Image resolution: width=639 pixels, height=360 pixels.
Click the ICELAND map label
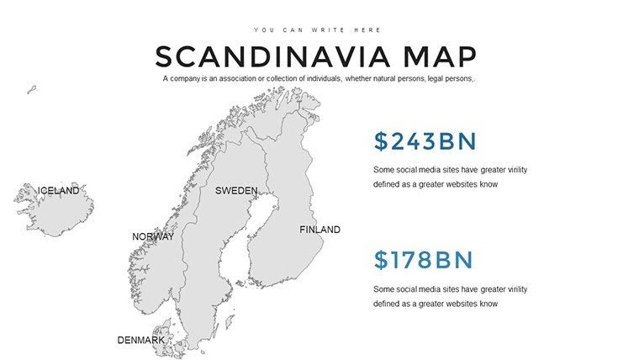(x=58, y=191)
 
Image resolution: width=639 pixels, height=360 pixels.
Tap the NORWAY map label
(x=152, y=237)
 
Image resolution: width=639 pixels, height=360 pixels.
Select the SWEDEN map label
(x=235, y=191)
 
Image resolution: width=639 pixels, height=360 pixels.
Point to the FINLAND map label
(x=319, y=230)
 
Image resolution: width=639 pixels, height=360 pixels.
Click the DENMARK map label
(x=140, y=341)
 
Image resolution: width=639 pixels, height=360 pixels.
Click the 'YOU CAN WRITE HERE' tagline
(x=316, y=29)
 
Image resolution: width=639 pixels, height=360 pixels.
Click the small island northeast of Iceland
(x=32, y=88)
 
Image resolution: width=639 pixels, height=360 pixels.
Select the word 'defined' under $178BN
(x=387, y=304)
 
